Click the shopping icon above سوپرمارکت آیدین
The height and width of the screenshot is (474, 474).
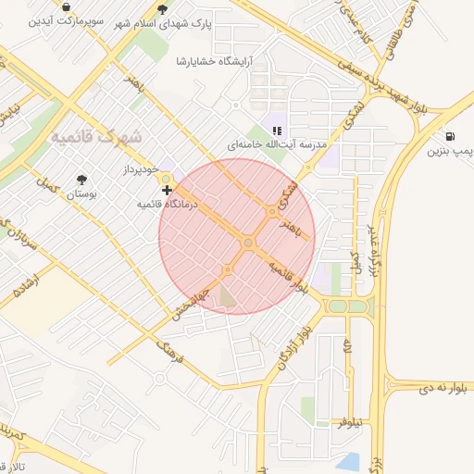pyautogui.click(x=67, y=6)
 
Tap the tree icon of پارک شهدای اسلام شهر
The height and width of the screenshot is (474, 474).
pyautogui.click(x=163, y=9)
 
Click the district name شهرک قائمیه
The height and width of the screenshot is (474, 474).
pyautogui.click(x=96, y=136)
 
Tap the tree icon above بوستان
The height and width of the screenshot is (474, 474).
pyautogui.click(x=82, y=180)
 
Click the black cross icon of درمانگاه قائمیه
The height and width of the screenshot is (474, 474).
pyautogui.click(x=167, y=190)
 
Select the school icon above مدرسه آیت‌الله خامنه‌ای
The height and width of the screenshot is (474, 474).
pyautogui.click(x=277, y=131)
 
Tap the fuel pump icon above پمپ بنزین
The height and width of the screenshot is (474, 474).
pyautogui.click(x=449, y=136)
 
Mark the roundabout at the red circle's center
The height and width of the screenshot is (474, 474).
pyautogui.click(x=247, y=243)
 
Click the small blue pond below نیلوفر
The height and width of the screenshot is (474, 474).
pyautogui.click(x=348, y=460)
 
